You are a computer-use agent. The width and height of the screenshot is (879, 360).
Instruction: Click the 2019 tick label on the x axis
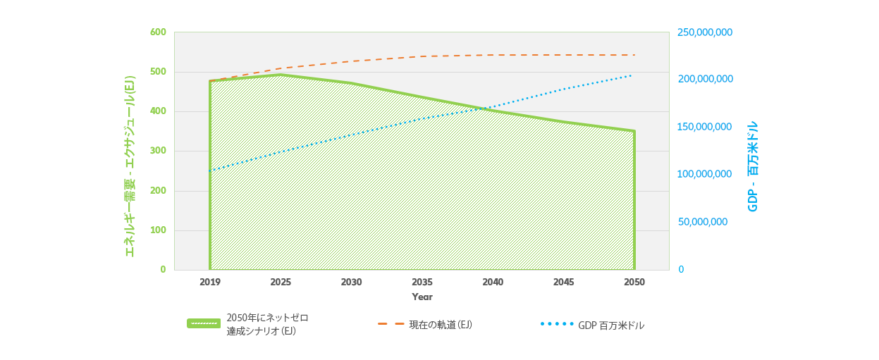pyautogui.click(x=209, y=282)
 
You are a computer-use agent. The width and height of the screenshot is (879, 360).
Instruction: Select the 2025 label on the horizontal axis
pyautogui.click(x=281, y=282)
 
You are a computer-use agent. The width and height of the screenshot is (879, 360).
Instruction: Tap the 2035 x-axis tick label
pyautogui.click(x=422, y=282)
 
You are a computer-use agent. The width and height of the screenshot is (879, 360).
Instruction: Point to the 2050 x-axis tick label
pyautogui.click(x=634, y=282)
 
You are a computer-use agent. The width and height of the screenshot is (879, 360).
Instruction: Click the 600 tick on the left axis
pyautogui.click(x=158, y=32)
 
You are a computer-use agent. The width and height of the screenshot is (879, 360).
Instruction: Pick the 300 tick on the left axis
pyautogui.click(x=158, y=151)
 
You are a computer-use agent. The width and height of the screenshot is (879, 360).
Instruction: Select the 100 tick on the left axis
pyautogui.click(x=158, y=230)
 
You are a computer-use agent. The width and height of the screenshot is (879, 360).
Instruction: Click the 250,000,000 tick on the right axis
pyautogui.click(x=705, y=32)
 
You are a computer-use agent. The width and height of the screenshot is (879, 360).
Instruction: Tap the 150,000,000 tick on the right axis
pyautogui.click(x=705, y=127)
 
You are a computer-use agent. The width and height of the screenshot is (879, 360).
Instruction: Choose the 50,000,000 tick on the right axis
pyautogui.click(x=702, y=222)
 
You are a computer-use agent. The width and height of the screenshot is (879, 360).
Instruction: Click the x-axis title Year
pyautogui.click(x=422, y=297)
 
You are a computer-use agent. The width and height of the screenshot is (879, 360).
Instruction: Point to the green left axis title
pyautogui.click(x=130, y=166)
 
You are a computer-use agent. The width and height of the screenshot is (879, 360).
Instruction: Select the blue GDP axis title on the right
pyautogui.click(x=753, y=166)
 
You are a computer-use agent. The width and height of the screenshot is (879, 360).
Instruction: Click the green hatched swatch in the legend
pyautogui.click(x=203, y=323)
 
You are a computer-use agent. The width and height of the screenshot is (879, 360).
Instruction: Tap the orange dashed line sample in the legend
pyautogui.click(x=391, y=324)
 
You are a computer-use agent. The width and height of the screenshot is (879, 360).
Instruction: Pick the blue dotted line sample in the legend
pyautogui.click(x=556, y=324)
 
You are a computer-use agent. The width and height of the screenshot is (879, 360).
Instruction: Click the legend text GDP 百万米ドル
pyautogui.click(x=611, y=325)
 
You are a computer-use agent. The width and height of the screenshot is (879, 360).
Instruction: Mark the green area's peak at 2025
pyautogui.click(x=281, y=75)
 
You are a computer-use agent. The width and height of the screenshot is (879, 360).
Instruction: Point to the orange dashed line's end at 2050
pyautogui.click(x=634, y=55)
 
